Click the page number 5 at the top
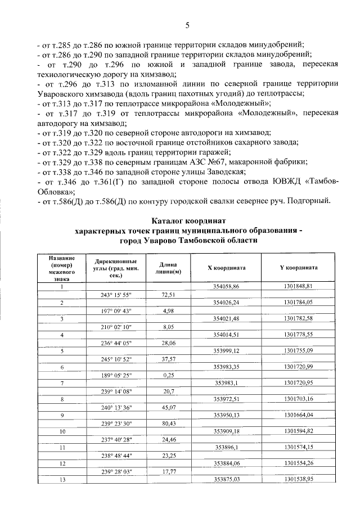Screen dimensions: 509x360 [188, 25]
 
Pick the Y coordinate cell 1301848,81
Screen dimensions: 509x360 [298, 286]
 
